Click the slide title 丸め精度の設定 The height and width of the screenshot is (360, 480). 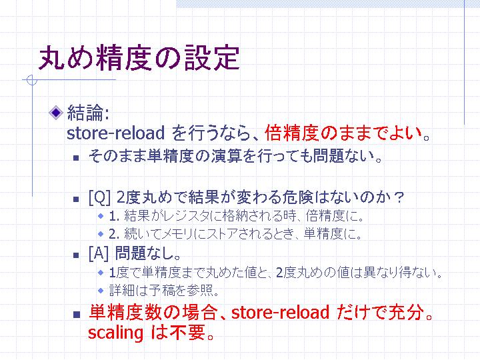[x=139, y=58]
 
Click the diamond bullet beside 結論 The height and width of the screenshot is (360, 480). [x=56, y=113]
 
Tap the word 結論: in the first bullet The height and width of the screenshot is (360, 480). [x=88, y=113]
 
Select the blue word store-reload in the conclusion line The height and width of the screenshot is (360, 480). [x=116, y=133]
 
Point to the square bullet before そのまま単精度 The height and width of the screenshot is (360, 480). [x=76, y=158]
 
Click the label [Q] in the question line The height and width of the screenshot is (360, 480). [x=99, y=197]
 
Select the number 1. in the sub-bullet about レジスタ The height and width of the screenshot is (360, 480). [x=114, y=217]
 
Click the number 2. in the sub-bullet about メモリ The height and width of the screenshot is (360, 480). [x=114, y=234]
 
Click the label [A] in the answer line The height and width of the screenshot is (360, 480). [x=99, y=253]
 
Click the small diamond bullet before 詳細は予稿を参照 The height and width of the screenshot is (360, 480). [x=101, y=290]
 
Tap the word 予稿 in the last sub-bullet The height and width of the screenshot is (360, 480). [x=161, y=290]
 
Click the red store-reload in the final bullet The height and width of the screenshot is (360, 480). [x=280, y=312]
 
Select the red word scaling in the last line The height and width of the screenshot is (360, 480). [x=115, y=333]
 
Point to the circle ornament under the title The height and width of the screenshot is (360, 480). [x=31, y=80]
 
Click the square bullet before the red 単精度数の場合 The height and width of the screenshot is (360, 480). [x=77, y=315]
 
